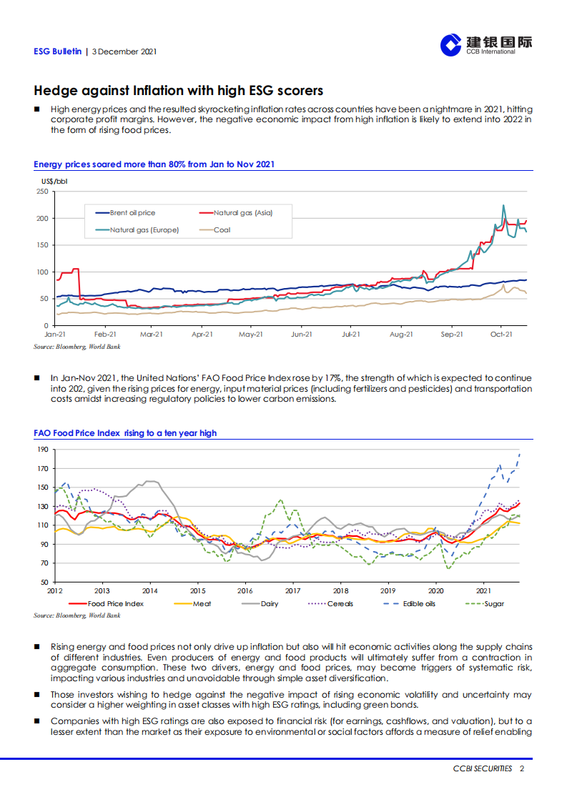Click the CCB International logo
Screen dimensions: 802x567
485,45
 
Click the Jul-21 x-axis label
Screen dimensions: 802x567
350,334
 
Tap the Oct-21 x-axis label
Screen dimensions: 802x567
501,334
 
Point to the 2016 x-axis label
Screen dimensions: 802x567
245,591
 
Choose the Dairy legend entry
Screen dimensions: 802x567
270,603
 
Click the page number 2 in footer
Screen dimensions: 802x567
523,768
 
